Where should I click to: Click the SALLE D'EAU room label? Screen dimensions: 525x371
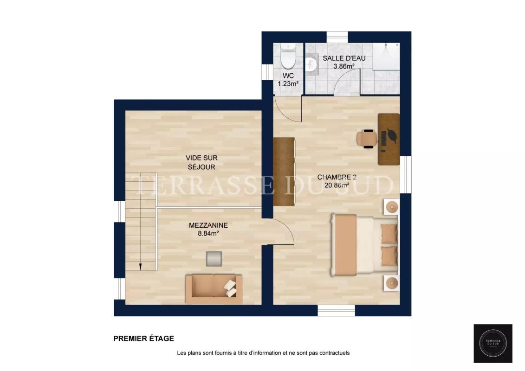(x=344, y=58)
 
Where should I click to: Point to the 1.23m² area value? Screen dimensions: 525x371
(x=288, y=83)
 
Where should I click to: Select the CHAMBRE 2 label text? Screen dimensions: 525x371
(x=337, y=177)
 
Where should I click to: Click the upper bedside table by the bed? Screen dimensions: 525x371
(x=392, y=207)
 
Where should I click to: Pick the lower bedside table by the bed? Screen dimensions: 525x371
(x=392, y=283)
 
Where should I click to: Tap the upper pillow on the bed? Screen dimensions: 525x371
(x=389, y=234)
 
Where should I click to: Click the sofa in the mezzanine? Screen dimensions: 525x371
(x=214, y=289)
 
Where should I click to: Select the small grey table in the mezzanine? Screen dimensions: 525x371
(x=214, y=259)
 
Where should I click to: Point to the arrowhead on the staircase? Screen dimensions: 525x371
(x=140, y=267)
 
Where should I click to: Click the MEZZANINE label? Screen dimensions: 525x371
(x=208, y=225)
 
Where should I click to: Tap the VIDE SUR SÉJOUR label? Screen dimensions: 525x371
(x=201, y=162)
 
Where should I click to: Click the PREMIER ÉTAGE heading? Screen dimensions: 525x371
(x=143, y=339)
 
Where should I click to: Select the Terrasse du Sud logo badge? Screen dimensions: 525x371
(x=493, y=343)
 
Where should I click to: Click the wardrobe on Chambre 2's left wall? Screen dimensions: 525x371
(x=284, y=171)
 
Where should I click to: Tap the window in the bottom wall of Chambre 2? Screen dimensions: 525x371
(x=336, y=310)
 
